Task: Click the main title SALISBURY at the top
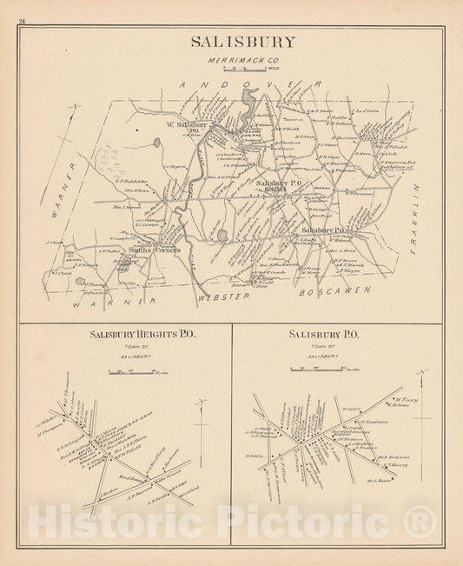tap(231, 42)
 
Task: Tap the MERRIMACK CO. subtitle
tap(230, 59)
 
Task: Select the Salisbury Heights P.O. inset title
tap(129, 334)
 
